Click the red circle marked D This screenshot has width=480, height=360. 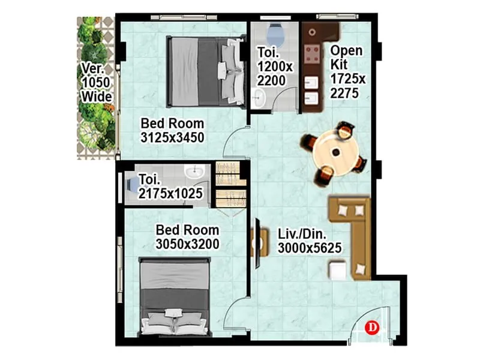(373, 327)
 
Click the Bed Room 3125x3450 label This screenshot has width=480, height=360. (172, 130)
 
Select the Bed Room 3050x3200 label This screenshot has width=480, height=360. (187, 236)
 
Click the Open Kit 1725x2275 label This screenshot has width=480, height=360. (346, 71)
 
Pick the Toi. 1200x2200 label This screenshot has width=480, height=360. (274, 66)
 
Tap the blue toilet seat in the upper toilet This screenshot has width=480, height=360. (275, 31)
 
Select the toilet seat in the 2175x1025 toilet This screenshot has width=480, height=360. (131, 184)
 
